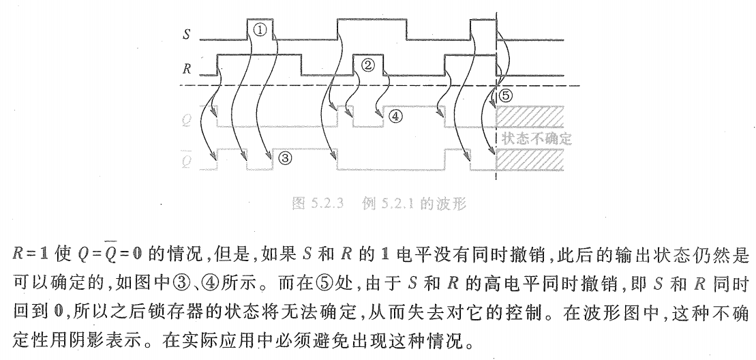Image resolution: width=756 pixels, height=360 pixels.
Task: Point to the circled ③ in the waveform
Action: click(285, 158)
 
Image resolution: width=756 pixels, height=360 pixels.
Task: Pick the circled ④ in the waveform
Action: click(396, 116)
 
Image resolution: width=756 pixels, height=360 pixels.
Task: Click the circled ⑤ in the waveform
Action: click(505, 95)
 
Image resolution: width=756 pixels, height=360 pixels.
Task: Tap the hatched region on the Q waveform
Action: click(532, 117)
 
